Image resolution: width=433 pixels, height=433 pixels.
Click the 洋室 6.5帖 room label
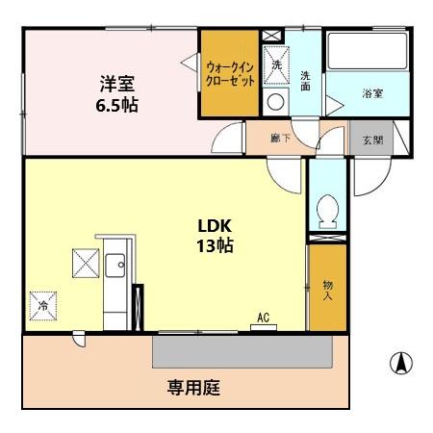tap(117, 94)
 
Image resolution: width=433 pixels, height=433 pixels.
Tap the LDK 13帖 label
tap(215, 236)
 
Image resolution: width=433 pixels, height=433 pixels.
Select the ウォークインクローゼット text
tap(230, 74)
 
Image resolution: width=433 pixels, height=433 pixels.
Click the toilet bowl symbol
tap(327, 212)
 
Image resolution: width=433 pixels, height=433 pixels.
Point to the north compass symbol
tap(401, 364)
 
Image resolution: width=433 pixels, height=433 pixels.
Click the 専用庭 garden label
tap(193, 388)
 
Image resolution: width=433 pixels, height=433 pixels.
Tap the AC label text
tap(264, 318)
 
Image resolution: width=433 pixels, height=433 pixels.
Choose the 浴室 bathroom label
tap(372, 93)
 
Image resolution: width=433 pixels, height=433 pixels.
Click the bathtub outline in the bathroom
tap(368, 50)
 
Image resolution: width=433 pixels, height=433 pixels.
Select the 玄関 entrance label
tap(372, 140)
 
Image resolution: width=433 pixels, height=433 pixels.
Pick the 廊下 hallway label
tap(281, 139)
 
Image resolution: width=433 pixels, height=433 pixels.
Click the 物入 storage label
tap(327, 291)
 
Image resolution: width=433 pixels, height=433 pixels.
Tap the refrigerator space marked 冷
tap(43, 306)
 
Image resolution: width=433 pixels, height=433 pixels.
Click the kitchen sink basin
tap(115, 266)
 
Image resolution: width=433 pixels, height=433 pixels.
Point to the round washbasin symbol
tap(276, 103)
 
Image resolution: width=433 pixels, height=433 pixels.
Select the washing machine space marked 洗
tap(276, 65)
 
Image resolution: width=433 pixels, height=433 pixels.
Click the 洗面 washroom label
tap(305, 81)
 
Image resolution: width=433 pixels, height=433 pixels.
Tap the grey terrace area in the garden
tap(242, 351)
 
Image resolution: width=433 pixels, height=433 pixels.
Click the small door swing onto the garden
tap(79, 339)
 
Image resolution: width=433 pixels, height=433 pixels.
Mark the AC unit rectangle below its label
tap(264, 327)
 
